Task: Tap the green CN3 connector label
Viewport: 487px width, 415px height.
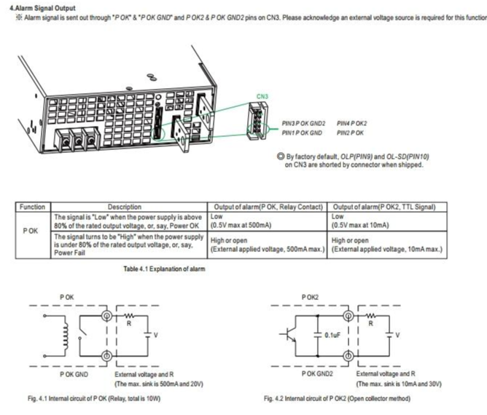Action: (x=262, y=95)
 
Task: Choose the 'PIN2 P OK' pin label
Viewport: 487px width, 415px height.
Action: (x=350, y=133)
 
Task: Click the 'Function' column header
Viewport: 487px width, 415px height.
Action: (x=32, y=207)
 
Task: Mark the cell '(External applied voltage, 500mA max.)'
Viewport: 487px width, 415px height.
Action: (x=267, y=250)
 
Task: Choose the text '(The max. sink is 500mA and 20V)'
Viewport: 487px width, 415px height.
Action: (x=164, y=382)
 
